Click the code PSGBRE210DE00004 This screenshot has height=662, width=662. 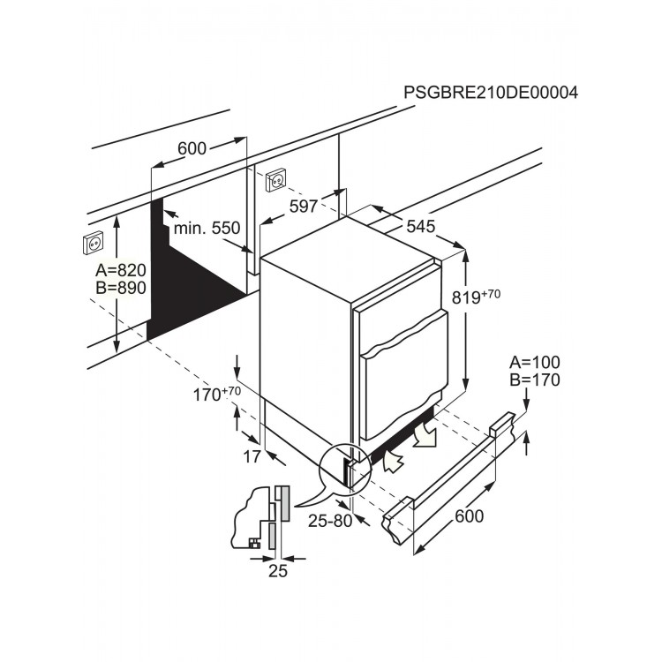[x=491, y=92]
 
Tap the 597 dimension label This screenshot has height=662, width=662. [x=303, y=207]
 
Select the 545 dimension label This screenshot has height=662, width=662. [x=420, y=227]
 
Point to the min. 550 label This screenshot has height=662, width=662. [x=207, y=228]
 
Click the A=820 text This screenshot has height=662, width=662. [x=121, y=270]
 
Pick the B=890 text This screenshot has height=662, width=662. [x=121, y=288]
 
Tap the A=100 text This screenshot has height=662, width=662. [x=535, y=362]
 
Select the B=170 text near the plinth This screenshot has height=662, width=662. [x=535, y=380]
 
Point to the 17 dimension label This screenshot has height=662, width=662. [x=252, y=456]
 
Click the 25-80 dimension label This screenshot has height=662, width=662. [x=330, y=521]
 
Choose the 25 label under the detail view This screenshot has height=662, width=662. [x=278, y=571]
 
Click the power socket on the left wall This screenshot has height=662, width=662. [x=93, y=244]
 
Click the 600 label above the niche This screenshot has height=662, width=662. [x=192, y=148]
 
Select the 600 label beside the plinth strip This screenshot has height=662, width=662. [x=469, y=516]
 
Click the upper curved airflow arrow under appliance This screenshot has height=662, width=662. [x=425, y=435]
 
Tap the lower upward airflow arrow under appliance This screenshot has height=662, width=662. [x=393, y=462]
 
